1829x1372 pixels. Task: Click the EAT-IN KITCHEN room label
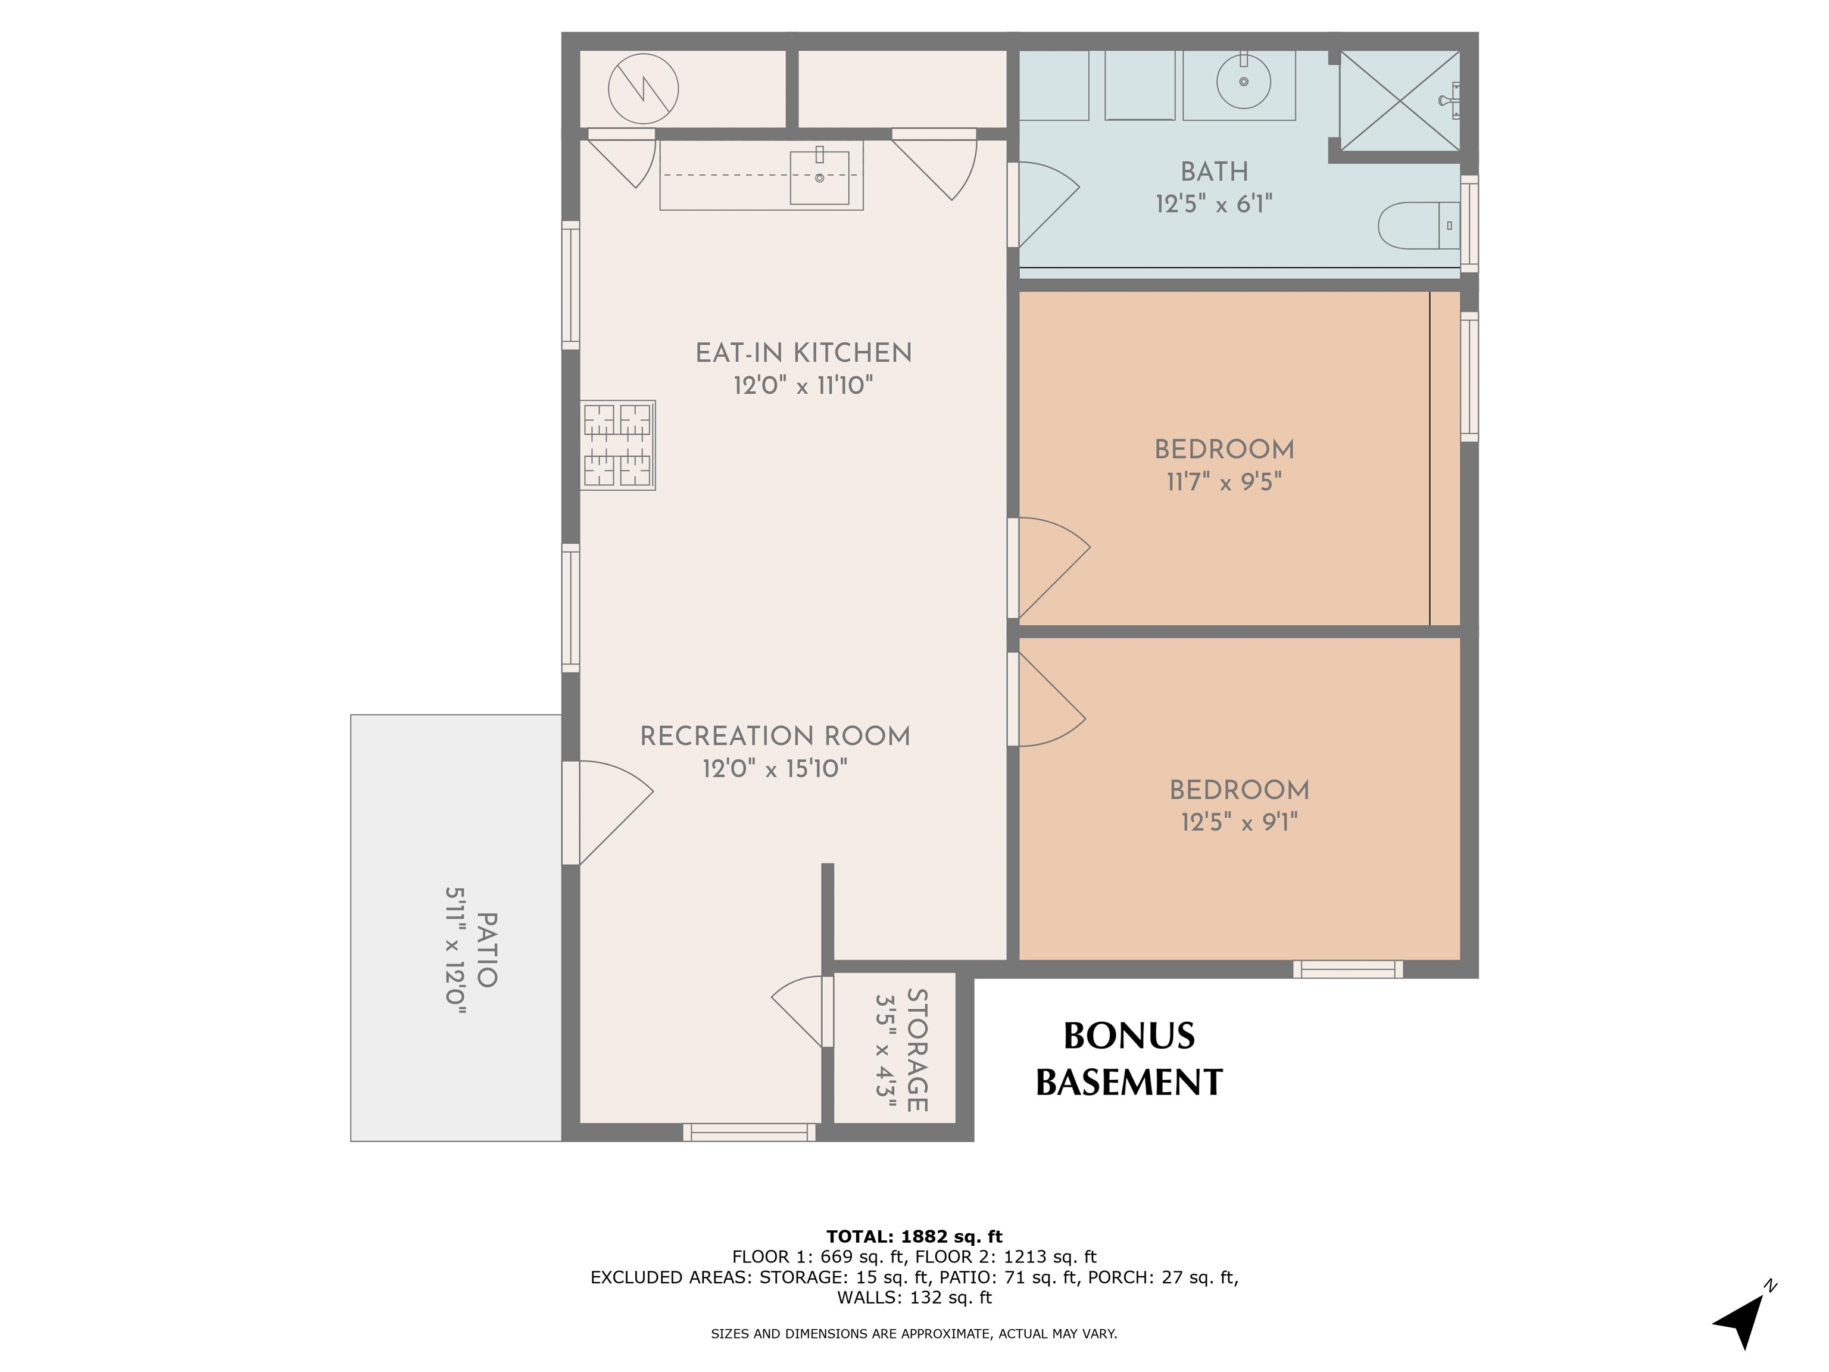803,353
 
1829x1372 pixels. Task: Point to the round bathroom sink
1243,81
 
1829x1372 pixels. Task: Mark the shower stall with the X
1399,101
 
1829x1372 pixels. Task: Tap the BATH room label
1214,172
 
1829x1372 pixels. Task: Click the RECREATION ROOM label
775,736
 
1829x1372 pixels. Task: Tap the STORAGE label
917,1050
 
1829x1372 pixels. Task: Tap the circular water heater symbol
643,89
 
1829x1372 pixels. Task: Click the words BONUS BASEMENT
1129,1059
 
